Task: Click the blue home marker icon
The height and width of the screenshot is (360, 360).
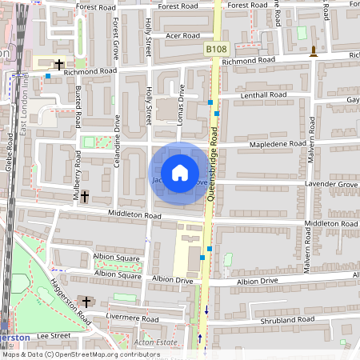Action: coord(180,172)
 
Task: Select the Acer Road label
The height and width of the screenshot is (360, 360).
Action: coord(182,36)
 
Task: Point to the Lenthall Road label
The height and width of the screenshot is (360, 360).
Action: coord(264,95)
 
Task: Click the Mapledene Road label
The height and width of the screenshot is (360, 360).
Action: coord(278,144)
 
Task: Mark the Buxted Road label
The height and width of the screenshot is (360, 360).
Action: coord(78,109)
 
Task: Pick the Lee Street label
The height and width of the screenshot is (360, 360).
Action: coord(54,337)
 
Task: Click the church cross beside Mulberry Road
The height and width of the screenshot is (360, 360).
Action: coord(85,195)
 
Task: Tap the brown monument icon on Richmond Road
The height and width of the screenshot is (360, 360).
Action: coord(313,53)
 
